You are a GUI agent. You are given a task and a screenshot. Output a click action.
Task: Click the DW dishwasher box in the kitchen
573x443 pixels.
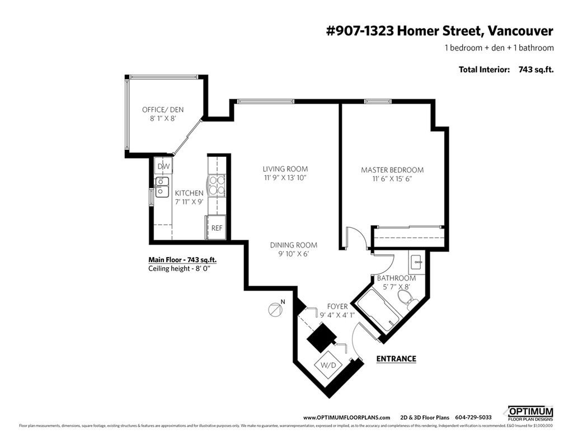pos(163,166)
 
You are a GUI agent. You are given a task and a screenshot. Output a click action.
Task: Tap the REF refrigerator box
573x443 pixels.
pos(216,228)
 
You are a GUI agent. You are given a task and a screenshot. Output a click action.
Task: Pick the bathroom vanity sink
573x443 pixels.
pos(416,261)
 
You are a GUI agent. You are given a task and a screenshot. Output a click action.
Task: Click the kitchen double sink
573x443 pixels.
pos(162,187)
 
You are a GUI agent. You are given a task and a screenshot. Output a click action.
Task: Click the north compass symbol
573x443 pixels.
pos(274,309)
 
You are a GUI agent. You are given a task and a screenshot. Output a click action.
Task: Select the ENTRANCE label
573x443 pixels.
pos(396,359)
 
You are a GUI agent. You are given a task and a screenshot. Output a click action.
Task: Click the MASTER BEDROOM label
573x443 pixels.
pos(392,170)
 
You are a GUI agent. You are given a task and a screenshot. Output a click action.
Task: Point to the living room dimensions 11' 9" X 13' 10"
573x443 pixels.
pos(285,178)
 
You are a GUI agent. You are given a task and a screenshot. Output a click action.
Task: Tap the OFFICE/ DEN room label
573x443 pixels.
pos(163,109)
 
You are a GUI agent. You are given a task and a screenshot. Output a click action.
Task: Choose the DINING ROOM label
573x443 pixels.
pos(293,245)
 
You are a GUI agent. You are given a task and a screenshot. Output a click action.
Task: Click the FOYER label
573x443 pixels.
pos(337,306)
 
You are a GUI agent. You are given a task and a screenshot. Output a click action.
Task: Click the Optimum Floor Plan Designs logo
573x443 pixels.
pos(530,413)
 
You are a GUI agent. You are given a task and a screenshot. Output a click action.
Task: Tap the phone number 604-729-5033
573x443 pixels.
pos(473,417)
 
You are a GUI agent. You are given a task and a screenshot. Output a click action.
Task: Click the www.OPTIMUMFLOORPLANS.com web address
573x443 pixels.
pos(346,417)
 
